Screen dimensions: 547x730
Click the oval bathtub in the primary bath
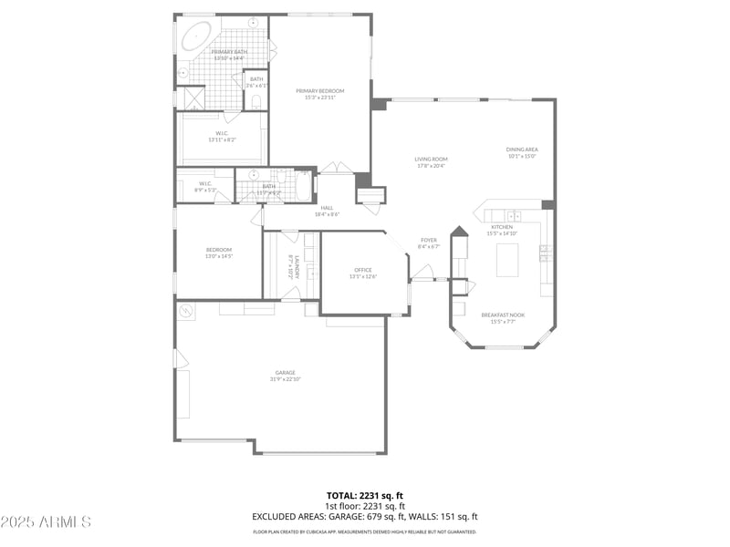(x=196, y=36)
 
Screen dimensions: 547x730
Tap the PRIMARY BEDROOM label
(x=319, y=91)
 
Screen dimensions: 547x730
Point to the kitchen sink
(x=514, y=216)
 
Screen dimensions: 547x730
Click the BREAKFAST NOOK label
(x=503, y=315)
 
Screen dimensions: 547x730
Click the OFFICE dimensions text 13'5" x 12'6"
(x=363, y=277)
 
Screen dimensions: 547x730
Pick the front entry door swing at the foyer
(x=422, y=272)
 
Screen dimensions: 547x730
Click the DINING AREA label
(x=522, y=150)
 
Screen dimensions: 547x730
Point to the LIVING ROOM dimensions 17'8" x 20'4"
(x=432, y=166)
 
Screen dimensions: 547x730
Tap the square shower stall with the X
(x=194, y=98)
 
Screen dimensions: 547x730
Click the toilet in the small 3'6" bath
(x=256, y=100)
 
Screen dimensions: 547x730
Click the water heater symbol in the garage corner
(x=186, y=311)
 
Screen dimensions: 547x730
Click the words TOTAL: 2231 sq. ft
(x=365, y=496)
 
